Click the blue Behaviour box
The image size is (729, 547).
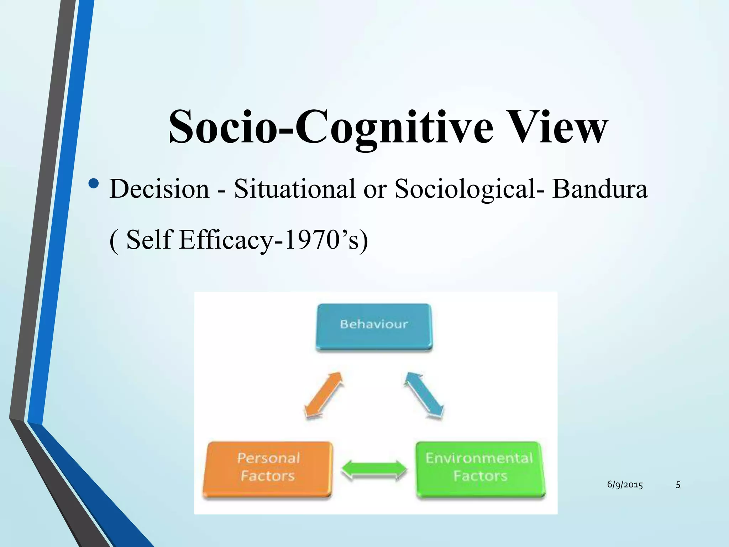click(374, 326)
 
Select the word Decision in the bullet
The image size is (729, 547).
click(159, 189)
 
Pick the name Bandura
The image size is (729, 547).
click(599, 189)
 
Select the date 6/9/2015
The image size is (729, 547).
click(625, 485)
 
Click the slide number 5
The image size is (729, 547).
click(678, 485)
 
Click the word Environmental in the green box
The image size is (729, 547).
click(479, 458)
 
